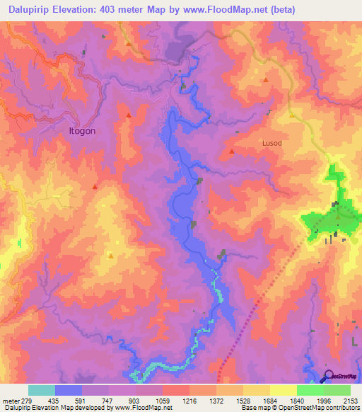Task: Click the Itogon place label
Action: (81, 131)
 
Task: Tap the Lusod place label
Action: (271, 143)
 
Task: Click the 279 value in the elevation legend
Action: (30, 401)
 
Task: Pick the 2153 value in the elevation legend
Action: (351, 401)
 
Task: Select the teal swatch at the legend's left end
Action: (42, 390)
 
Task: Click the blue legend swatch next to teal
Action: (69, 390)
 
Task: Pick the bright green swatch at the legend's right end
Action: (337, 390)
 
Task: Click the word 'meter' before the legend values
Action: (11, 401)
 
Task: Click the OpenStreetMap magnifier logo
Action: (328, 375)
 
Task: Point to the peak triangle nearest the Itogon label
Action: (128, 115)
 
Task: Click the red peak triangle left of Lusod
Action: (232, 151)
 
